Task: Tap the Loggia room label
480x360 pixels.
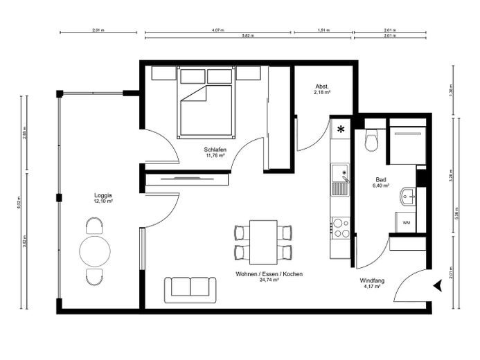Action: point(103,196)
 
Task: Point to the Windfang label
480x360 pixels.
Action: point(372,281)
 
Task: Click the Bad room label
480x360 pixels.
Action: point(381,179)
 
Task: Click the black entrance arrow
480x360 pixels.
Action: point(436,285)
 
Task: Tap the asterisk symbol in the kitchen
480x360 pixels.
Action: point(341,129)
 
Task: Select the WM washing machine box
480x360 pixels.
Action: point(405,222)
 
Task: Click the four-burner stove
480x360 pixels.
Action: point(341,228)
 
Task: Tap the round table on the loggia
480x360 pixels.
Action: point(95,251)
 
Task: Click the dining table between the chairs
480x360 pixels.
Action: point(263,240)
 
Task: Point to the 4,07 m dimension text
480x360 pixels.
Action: point(217,30)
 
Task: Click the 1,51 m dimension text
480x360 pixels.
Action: point(323,30)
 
